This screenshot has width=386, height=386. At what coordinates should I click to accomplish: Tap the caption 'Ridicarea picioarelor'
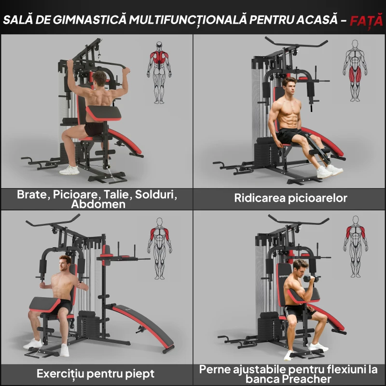click(290, 198)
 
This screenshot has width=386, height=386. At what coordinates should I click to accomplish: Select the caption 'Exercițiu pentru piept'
click(96, 373)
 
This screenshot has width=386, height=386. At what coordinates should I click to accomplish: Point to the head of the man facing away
click(99, 77)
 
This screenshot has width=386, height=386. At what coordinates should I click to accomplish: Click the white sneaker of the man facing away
click(69, 170)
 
